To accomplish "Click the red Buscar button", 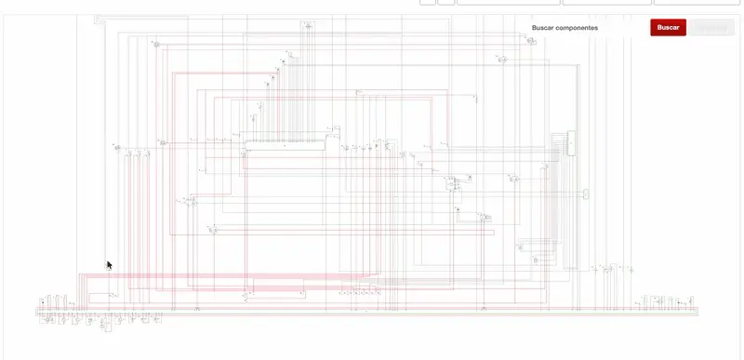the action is point(668,28).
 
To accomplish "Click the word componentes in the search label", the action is point(578,28).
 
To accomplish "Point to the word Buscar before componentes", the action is point(542,28).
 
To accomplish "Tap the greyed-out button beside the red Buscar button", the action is point(711,28).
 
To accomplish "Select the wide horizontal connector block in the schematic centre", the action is point(286,144).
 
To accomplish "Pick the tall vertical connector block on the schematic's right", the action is point(567,145).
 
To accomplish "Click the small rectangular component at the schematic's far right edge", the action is point(586,194).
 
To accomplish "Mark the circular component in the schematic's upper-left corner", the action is point(157,45).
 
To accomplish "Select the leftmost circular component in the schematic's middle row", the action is point(118,146).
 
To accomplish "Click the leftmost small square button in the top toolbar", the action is point(428,2).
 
